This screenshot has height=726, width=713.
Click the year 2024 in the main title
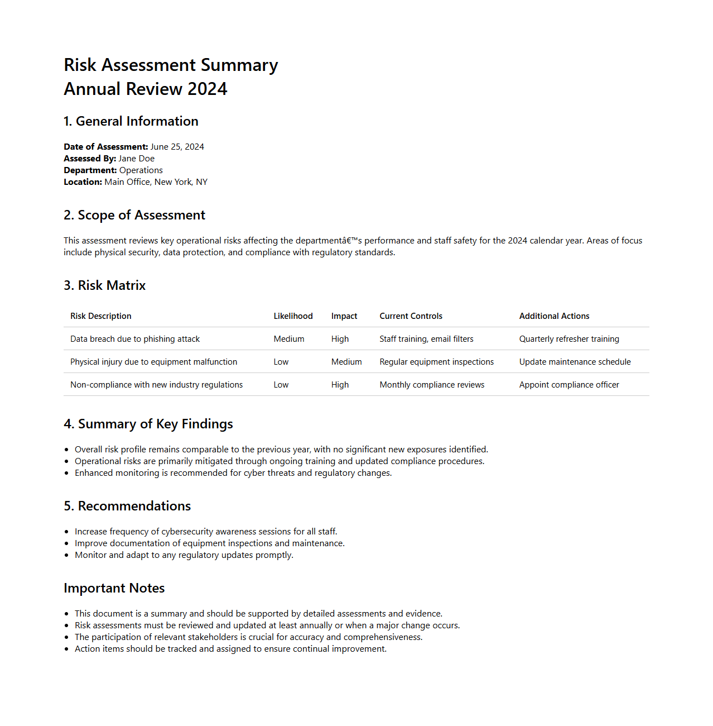click(207, 89)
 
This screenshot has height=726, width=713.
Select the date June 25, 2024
click(177, 147)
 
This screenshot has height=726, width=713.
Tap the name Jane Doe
click(136, 159)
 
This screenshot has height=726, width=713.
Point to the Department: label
click(90, 170)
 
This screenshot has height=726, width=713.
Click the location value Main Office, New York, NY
click(156, 182)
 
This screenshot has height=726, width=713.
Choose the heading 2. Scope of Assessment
click(134, 215)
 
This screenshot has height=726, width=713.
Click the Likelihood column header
click(293, 316)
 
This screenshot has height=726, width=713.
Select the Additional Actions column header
click(554, 316)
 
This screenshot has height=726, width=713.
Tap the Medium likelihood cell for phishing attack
click(288, 339)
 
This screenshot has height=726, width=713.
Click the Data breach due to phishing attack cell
click(135, 339)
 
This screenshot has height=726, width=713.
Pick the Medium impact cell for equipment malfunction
click(346, 362)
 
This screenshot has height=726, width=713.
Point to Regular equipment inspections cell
click(436, 362)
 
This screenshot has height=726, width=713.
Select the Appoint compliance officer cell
click(569, 385)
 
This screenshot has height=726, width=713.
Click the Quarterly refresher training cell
click(569, 339)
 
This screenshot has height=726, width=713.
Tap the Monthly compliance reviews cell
click(432, 385)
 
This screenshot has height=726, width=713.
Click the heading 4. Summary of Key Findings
click(148, 424)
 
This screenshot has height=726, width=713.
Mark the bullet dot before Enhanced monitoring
click(67, 473)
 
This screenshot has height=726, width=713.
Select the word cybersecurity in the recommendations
click(187, 532)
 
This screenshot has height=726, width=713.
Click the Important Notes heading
click(114, 588)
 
